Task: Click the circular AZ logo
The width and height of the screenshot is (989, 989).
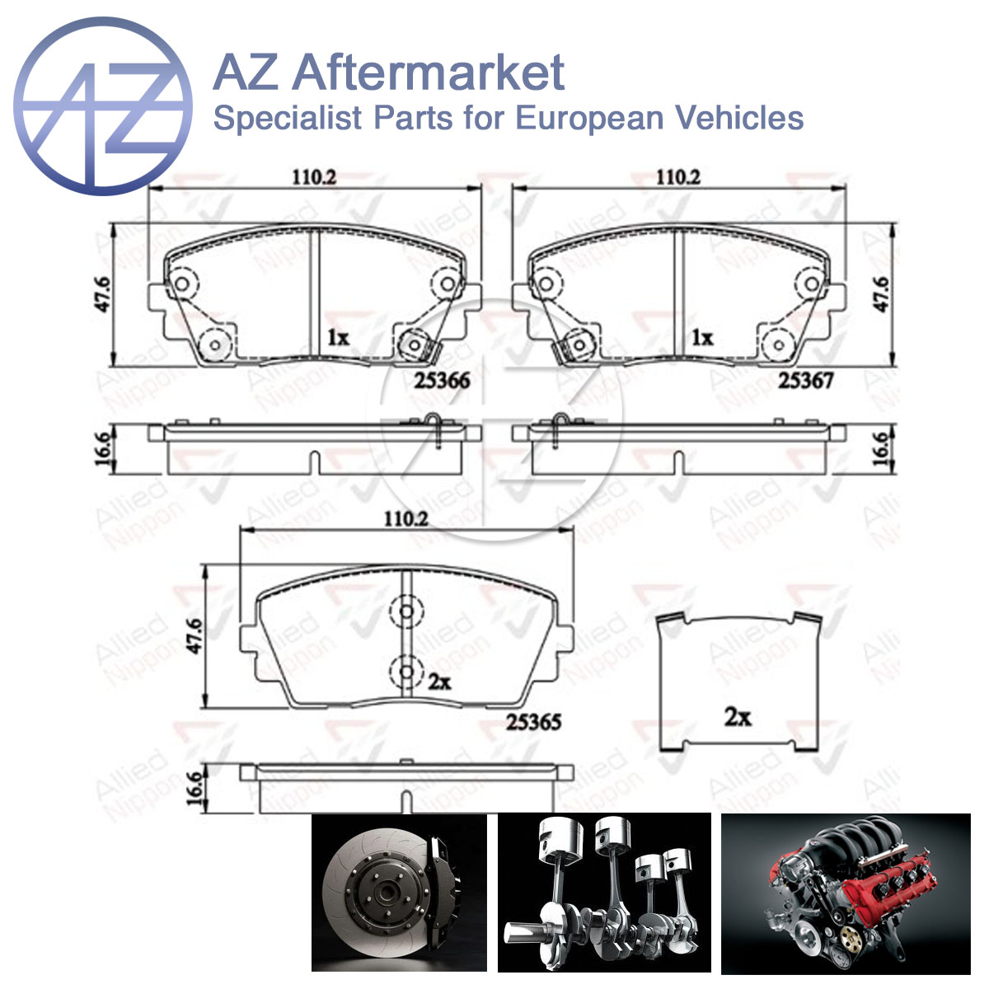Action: pyautogui.click(x=103, y=105)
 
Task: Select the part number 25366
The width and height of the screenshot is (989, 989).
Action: pyautogui.click(x=442, y=381)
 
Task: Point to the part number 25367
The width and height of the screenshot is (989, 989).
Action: pyautogui.click(x=806, y=381)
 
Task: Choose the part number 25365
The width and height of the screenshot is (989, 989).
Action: pyautogui.click(x=534, y=722)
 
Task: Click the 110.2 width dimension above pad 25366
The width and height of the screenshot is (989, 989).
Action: pyautogui.click(x=315, y=177)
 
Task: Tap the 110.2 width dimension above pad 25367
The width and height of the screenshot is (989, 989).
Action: pyautogui.click(x=678, y=177)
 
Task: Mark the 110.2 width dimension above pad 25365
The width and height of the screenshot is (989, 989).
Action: pyautogui.click(x=406, y=519)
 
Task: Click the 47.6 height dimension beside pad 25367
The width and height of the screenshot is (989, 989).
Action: pyautogui.click(x=881, y=294)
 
